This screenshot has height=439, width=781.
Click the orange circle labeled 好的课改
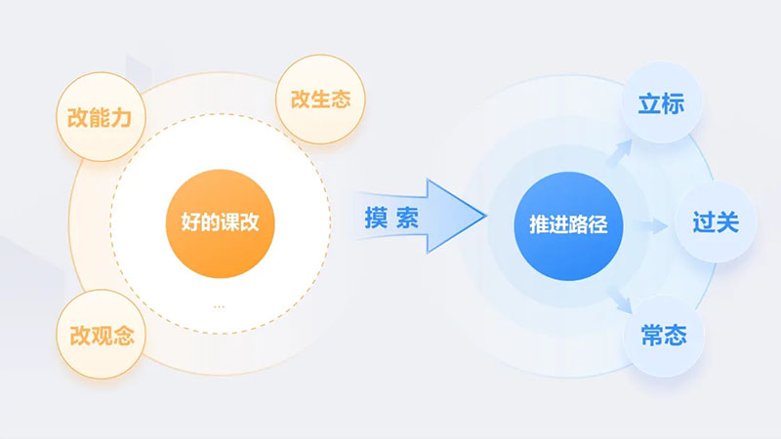[x=221, y=223]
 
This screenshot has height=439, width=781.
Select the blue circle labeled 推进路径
[x=568, y=226]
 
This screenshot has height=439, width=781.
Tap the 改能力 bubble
[x=101, y=117]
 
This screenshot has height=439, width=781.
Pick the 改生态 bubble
[x=320, y=100]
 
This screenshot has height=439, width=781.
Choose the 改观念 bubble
[x=102, y=335]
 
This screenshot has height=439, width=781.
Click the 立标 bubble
[x=662, y=103]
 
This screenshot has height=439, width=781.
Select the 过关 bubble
[x=716, y=222]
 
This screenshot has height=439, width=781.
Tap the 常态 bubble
[x=664, y=335]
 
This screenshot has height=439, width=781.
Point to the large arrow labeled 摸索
[x=420, y=216]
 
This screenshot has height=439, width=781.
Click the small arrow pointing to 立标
[x=620, y=152]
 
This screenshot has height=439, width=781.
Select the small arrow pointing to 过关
[x=652, y=226]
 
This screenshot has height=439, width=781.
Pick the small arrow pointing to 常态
[x=620, y=300]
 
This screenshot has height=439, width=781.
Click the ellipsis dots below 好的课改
[x=219, y=306]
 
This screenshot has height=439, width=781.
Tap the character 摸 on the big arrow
[x=376, y=218]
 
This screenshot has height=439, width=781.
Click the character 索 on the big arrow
[x=407, y=218]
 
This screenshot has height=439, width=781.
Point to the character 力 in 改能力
[x=121, y=118]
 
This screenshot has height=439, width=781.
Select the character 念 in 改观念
[x=124, y=336]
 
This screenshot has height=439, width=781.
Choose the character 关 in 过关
[x=727, y=222]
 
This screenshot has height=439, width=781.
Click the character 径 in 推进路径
[x=597, y=224]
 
